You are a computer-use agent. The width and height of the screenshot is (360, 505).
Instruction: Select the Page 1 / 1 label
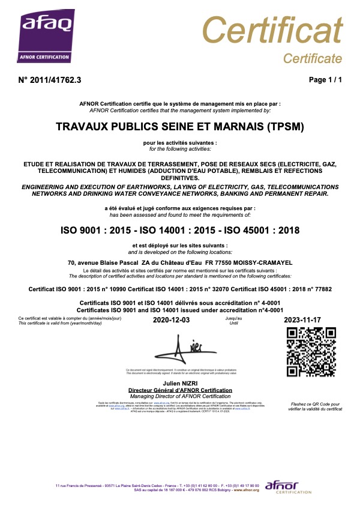325,79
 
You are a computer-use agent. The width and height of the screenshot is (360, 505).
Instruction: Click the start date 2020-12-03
172,321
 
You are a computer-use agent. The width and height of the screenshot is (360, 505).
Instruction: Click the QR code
311,352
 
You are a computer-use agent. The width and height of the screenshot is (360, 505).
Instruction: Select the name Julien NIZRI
180,383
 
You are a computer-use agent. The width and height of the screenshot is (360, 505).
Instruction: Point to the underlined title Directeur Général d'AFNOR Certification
180,390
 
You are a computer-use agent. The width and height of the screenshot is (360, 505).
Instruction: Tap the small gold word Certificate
312,58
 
